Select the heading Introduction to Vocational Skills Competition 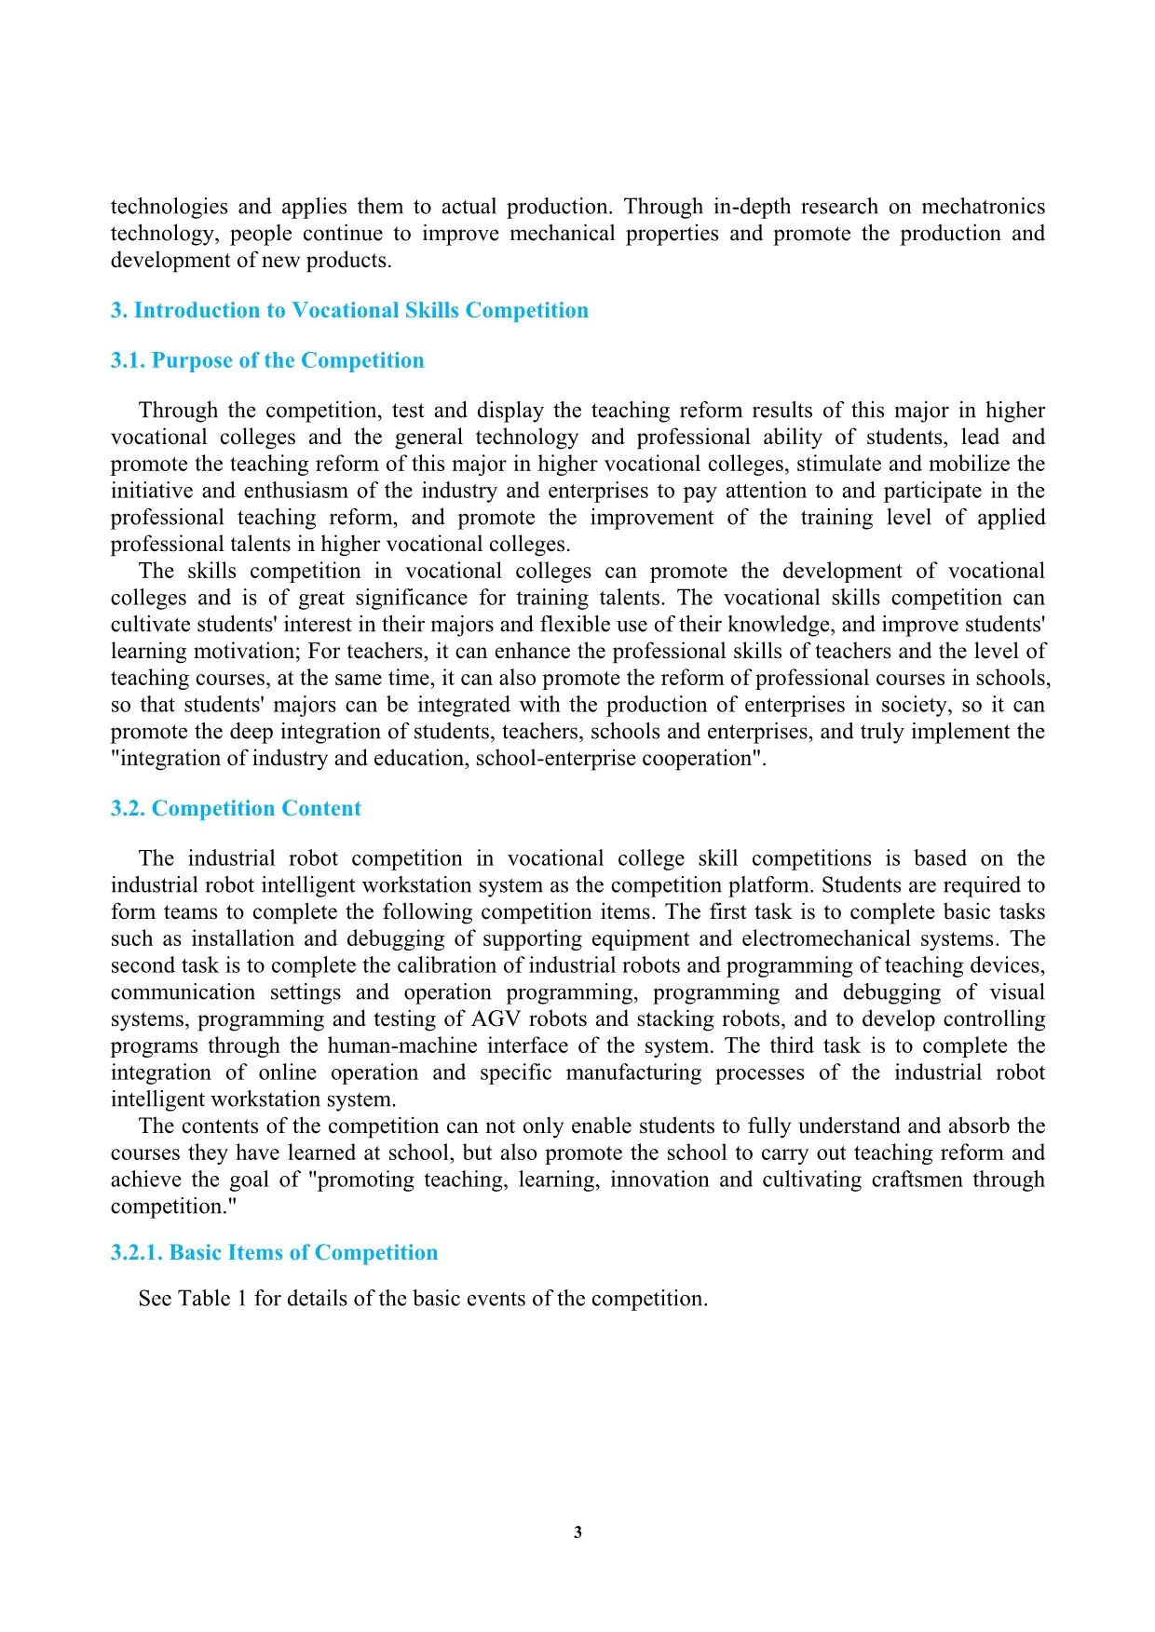360,311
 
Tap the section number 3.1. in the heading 128,361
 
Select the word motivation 246,652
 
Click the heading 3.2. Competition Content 236,809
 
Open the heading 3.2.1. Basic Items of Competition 274,1253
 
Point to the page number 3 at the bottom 577,1532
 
